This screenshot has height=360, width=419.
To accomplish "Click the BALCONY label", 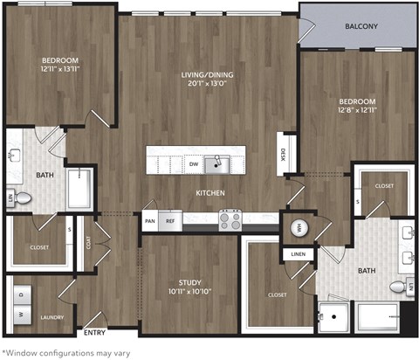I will pyautogui.click(x=361, y=26).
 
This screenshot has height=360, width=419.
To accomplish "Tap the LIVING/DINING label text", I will pyautogui.click(x=208, y=75).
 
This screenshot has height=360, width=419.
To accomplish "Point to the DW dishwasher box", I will pyautogui.click(x=193, y=163).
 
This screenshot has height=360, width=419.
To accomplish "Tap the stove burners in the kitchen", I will pyautogui.click(x=230, y=218).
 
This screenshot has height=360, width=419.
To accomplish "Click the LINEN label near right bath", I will pyautogui.click(x=296, y=254).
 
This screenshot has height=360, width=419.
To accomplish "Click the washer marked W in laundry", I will pyautogui.click(x=18, y=312).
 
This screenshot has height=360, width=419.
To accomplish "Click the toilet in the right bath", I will pyautogui.click(x=399, y=287).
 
